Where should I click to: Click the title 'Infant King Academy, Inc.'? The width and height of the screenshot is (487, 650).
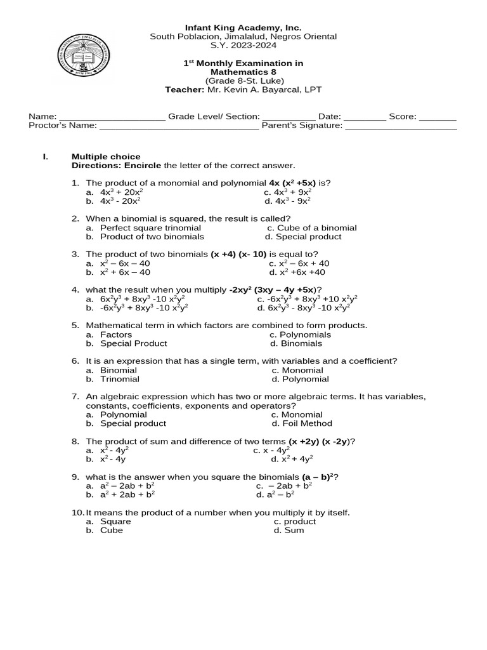pos(243,28)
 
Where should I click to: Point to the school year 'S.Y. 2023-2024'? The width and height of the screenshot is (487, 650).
pos(243,46)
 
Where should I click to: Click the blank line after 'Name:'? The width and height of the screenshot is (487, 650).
pos(112,117)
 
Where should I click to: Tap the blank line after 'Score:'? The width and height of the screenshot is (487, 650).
pos(438,117)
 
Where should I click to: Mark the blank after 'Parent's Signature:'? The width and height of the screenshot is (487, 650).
pos(401,126)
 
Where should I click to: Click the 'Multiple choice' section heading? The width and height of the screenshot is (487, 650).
pos(106,157)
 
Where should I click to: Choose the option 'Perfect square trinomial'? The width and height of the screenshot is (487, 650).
pos(150,228)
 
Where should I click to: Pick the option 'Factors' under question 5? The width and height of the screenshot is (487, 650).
pos(116,335)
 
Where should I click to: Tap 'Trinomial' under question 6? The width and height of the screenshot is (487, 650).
pos(120,379)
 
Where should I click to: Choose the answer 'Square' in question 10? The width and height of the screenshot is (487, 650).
pos(115,521)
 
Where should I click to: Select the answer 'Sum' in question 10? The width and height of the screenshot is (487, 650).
pos(294,530)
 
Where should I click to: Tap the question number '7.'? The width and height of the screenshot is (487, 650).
pos(75,397)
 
